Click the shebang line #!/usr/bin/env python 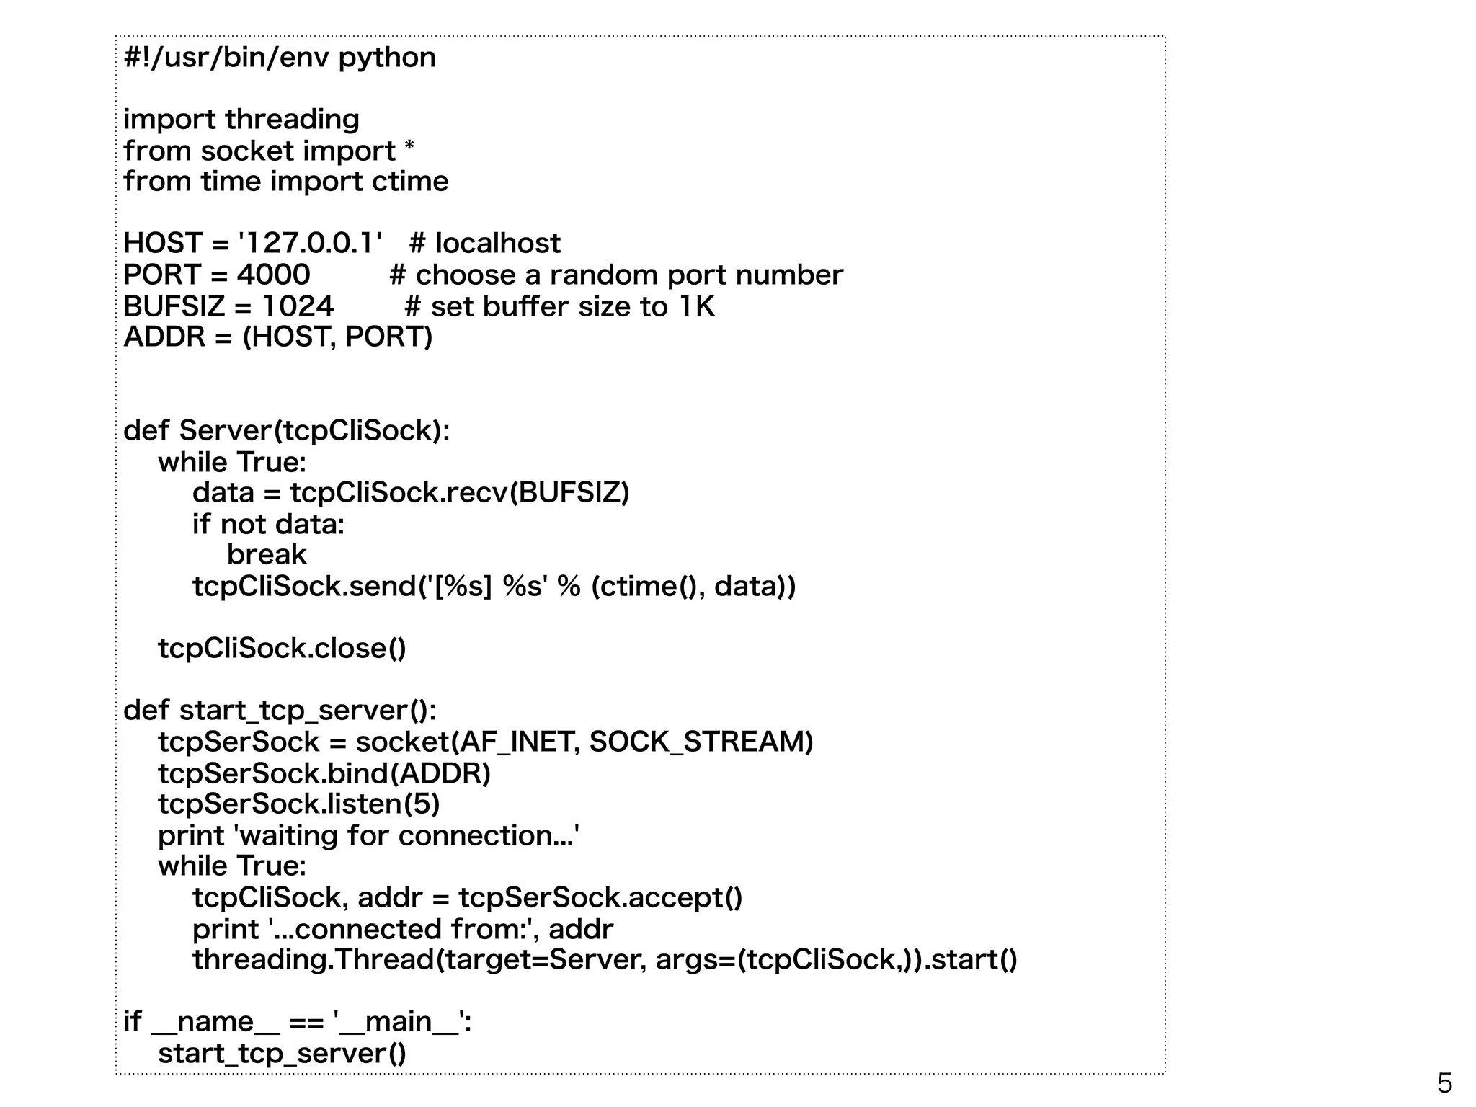(x=280, y=58)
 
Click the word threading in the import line (x=292, y=120)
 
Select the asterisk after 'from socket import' (x=409, y=148)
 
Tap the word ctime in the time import (x=410, y=182)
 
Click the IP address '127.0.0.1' (x=310, y=244)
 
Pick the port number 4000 (x=274, y=275)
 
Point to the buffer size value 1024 (x=298, y=307)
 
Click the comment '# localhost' (x=484, y=244)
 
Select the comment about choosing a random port (x=616, y=275)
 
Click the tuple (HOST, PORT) (x=337, y=337)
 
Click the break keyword (x=267, y=555)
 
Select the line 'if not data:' (x=268, y=524)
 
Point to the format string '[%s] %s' (x=486, y=587)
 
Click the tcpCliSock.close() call (x=282, y=649)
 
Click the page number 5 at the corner (x=1444, y=1083)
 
